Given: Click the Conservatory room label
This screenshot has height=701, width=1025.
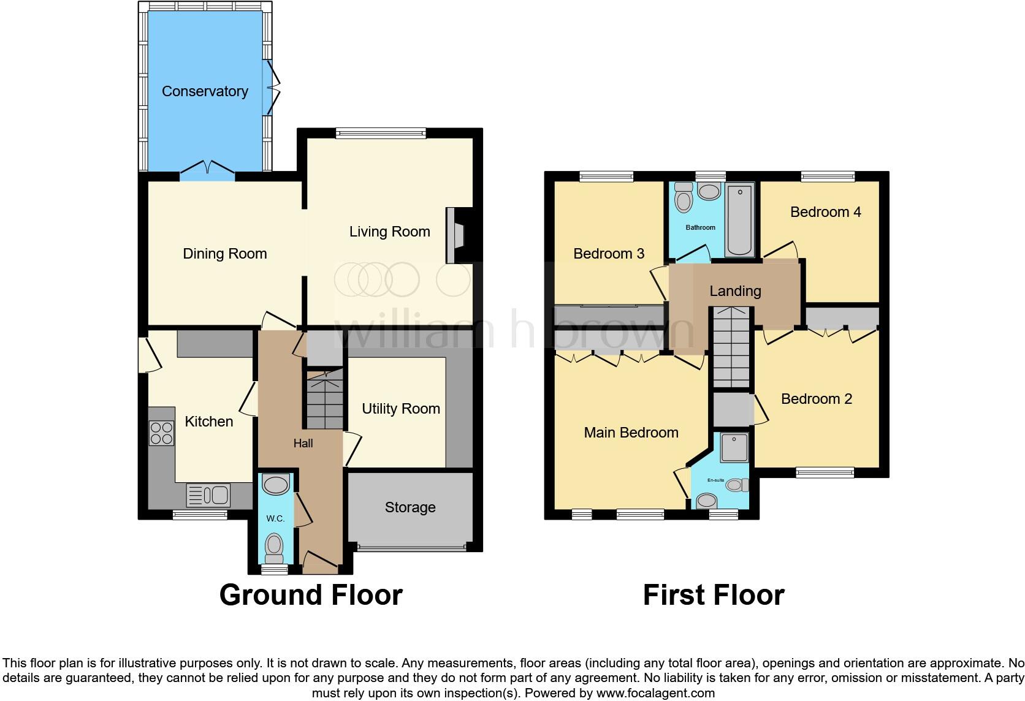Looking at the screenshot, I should click(x=205, y=91).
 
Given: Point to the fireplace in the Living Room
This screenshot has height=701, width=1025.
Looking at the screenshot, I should click(x=455, y=236).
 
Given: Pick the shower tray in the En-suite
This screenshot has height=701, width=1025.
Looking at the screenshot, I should click(x=734, y=448).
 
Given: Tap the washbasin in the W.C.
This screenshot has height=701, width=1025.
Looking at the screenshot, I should click(x=275, y=485).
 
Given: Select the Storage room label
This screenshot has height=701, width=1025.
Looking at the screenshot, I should click(x=410, y=507).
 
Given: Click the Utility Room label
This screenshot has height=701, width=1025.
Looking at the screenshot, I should click(x=401, y=409).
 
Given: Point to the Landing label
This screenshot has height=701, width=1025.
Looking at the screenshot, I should click(x=735, y=291).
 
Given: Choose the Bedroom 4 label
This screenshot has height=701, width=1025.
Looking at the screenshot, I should click(x=825, y=212).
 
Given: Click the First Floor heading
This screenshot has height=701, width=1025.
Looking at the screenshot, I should click(x=714, y=595).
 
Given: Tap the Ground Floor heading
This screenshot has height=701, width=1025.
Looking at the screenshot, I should click(x=311, y=595).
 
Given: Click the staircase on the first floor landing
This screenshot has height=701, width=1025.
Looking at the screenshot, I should click(x=730, y=346).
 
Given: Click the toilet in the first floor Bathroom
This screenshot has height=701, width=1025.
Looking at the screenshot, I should click(x=682, y=198).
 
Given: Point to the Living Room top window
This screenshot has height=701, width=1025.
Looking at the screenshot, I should click(x=381, y=133).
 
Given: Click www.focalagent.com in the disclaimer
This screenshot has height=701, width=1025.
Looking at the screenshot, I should click(x=655, y=693).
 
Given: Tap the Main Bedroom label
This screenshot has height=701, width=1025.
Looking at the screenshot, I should click(x=631, y=433).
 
